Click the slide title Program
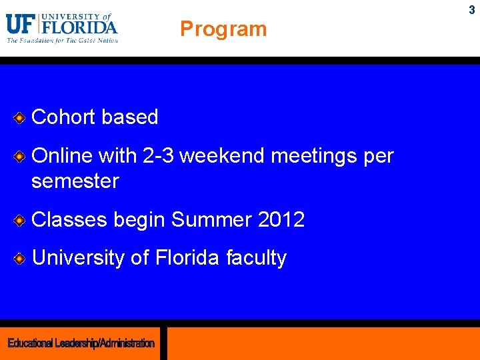point(223,29)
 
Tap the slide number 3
point(471,10)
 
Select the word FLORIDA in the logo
point(79,27)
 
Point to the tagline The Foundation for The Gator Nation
point(62,40)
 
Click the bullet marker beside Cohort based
point(20,118)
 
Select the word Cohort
point(63,117)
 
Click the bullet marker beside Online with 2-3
point(20,157)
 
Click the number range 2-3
point(159,156)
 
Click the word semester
point(75,181)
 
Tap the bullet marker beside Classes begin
point(20,220)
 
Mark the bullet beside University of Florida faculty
point(20,258)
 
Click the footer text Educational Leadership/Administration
point(81,343)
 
